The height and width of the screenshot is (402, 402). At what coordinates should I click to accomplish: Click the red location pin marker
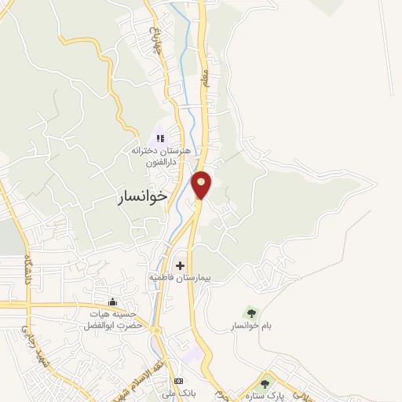point(202,185)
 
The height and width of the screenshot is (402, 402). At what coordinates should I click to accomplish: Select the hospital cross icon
point(181,266)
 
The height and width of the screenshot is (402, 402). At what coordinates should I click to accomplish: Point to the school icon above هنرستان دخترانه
point(160,139)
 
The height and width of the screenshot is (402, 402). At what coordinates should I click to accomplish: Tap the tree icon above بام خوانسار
point(251,312)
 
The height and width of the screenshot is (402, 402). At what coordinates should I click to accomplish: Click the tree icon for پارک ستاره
point(265,384)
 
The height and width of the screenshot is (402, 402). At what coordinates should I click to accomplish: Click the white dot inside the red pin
point(202,182)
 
